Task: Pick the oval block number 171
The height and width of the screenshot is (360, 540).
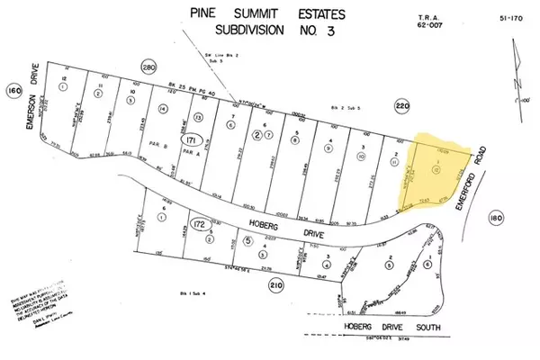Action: pos(190,141)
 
